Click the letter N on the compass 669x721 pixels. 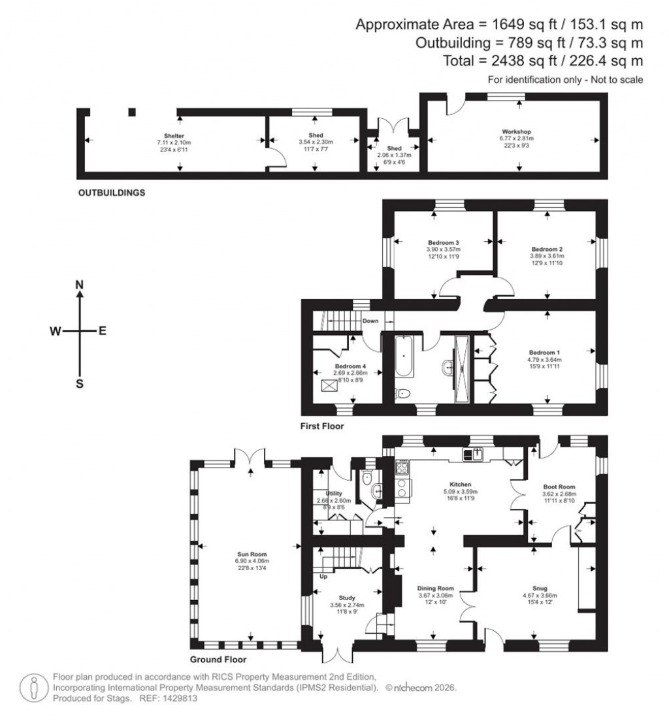coord(80,285)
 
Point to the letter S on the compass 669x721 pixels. coord(80,384)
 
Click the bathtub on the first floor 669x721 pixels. coord(404,357)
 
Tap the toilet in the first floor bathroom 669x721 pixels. coord(402,394)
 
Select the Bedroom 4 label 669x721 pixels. coord(351,366)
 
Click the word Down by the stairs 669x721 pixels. coord(370,321)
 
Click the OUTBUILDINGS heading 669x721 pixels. coord(111,193)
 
